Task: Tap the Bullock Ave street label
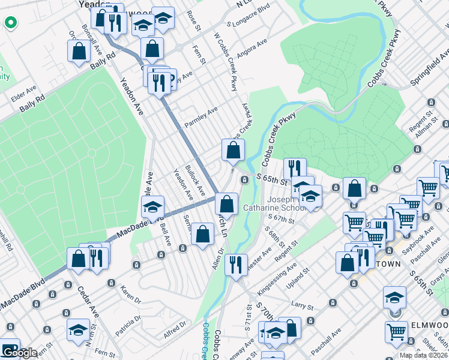195,180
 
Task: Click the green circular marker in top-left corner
10,23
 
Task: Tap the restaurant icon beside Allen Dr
236,263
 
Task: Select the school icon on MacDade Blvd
153,208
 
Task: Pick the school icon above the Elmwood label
394,297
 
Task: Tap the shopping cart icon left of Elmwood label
397,332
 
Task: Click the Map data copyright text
423,355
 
